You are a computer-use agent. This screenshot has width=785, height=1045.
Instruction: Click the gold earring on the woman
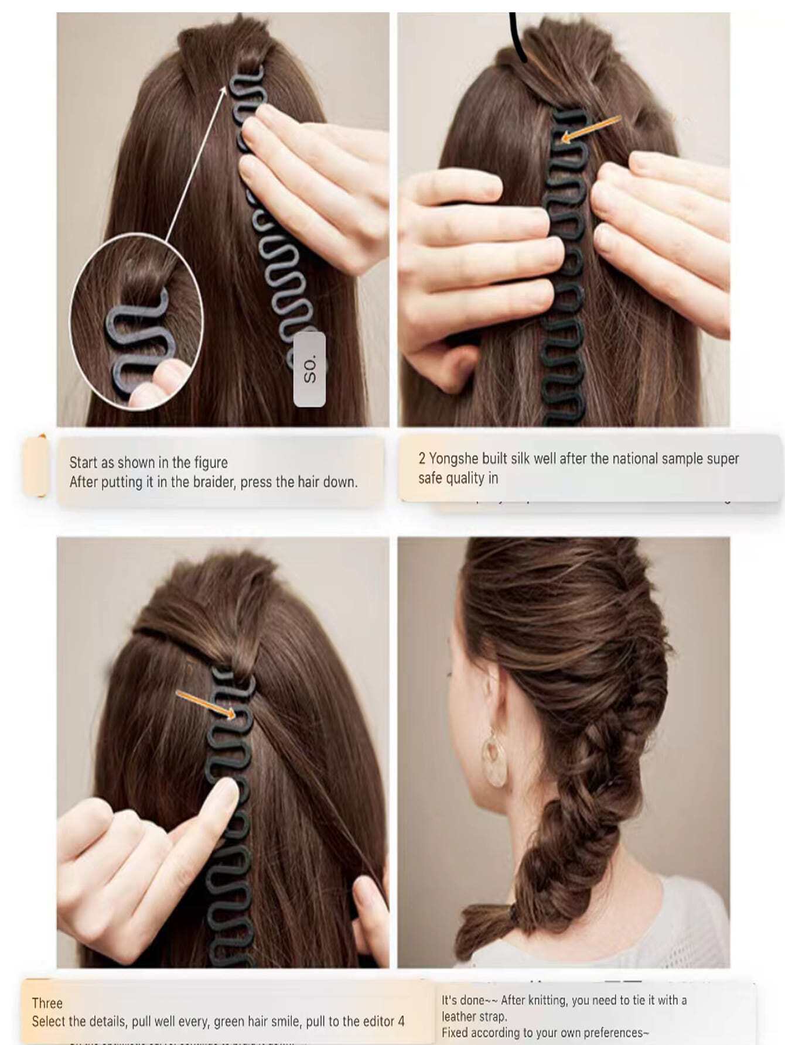494,761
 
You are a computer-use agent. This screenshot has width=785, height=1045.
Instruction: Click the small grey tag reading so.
309,369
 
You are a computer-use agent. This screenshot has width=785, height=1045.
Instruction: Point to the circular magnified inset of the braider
136,319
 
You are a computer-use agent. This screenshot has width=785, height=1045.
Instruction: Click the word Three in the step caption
47,1003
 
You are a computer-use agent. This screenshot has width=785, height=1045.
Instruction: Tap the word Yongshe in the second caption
453,458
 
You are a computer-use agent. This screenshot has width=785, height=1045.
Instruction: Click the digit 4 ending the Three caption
401,1022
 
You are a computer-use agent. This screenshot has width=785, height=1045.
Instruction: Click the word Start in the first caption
83,462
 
